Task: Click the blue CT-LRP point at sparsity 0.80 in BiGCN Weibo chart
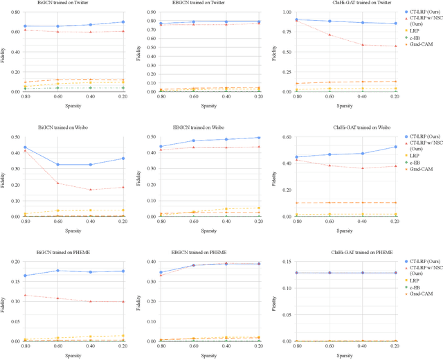pos(25,147)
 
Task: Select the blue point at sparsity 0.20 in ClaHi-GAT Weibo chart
pos(395,147)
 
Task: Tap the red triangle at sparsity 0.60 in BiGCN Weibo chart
pos(57,183)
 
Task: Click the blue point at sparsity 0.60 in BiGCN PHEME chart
pos(57,271)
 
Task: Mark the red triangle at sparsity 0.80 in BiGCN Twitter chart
pos(25,30)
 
